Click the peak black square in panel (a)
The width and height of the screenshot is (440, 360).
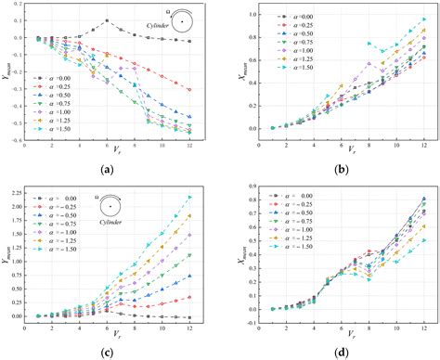(x=107, y=20)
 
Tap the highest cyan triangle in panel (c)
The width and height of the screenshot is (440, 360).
(x=190, y=197)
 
